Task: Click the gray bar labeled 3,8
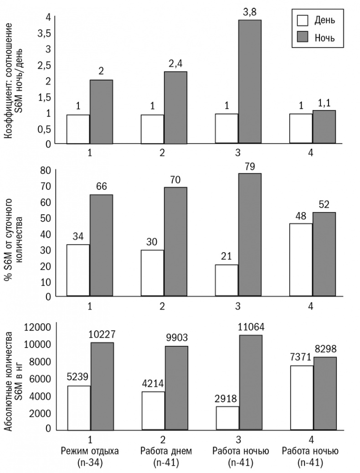pyautogui.click(x=250, y=82)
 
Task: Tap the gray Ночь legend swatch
pyautogui.click(x=302, y=37)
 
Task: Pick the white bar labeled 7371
pyautogui.click(x=301, y=397)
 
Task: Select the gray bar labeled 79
pyautogui.click(x=250, y=234)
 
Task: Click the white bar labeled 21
pyautogui.click(x=227, y=280)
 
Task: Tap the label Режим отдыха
pyautogui.click(x=90, y=452)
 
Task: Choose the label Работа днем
pyautogui.click(x=162, y=452)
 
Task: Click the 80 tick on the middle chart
pyautogui.click(x=45, y=170)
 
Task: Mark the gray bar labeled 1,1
pyautogui.click(x=324, y=127)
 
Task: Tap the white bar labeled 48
pyautogui.click(x=301, y=260)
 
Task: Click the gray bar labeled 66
pyautogui.click(x=101, y=245)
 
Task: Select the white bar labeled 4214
pyautogui.click(x=153, y=411)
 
